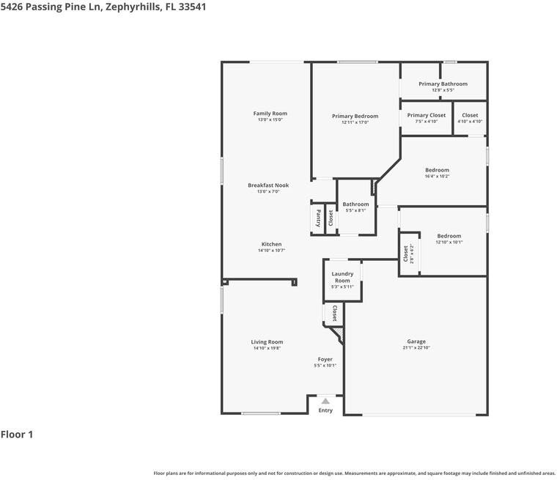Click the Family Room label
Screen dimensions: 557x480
270,114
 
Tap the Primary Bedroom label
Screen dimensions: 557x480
355,117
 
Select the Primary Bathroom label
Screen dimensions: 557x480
443,84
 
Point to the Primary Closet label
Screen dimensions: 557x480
427,115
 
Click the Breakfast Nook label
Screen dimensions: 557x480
268,185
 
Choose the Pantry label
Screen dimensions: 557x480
318,218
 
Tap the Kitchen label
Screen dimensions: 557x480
271,244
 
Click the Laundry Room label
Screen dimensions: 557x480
342,277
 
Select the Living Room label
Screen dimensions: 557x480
267,341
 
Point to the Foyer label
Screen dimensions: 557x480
325,359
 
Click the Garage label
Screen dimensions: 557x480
416,341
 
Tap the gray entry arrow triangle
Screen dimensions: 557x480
325,402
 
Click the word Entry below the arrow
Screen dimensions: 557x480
325,410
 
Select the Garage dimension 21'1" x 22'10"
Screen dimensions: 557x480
416,347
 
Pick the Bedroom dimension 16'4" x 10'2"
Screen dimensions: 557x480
437,176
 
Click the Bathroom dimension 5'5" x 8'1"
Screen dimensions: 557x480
355,210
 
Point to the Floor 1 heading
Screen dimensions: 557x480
17,434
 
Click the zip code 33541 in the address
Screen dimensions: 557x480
192,7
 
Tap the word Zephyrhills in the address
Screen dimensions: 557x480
132,7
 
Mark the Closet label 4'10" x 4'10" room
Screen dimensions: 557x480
470,115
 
